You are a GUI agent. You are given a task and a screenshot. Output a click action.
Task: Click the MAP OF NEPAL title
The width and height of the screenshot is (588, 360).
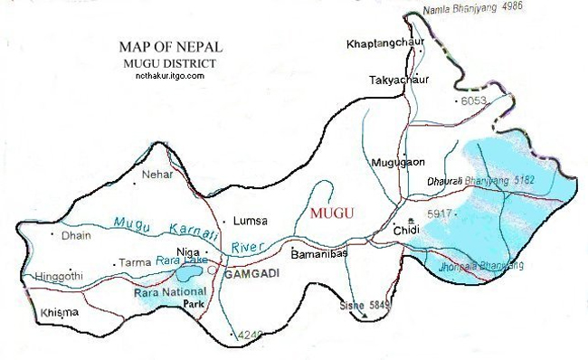pyautogui.click(x=168, y=46)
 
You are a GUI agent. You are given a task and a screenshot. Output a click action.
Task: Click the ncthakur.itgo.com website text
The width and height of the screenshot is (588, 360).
pyautogui.click(x=167, y=75)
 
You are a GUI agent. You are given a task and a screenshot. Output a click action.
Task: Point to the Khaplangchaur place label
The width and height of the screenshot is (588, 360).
pyautogui.click(x=386, y=43)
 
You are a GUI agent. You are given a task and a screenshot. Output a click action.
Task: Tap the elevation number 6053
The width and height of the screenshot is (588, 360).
pyautogui.click(x=473, y=100)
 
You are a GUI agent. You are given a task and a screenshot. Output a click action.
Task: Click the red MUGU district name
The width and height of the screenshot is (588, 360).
pyautogui.click(x=328, y=213)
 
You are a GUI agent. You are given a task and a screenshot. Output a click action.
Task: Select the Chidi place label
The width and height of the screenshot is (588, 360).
pyautogui.click(x=404, y=232)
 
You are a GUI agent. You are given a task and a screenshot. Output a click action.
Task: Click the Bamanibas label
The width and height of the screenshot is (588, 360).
pyautogui.click(x=318, y=256)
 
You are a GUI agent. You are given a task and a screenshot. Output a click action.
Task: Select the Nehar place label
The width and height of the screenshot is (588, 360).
pyautogui.click(x=156, y=169)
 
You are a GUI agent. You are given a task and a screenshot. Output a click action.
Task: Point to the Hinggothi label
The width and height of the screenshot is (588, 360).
pyautogui.click(x=57, y=277)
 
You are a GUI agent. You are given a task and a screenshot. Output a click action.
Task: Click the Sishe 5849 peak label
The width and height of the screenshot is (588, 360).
pyautogui.click(x=364, y=306)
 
